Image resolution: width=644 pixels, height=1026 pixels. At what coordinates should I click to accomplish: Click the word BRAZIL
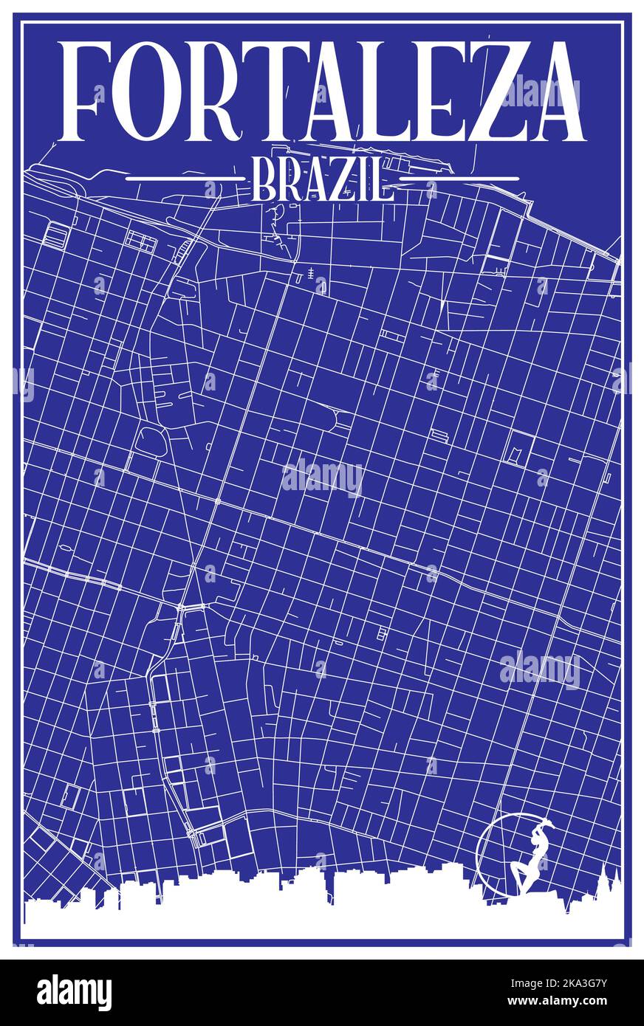[x=321, y=179]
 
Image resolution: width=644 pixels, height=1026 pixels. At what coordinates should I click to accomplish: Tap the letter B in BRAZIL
[x=264, y=179]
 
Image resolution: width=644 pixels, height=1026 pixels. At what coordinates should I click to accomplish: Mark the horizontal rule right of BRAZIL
[x=459, y=179]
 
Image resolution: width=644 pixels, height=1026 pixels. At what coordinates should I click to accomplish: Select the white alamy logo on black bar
[x=74, y=993]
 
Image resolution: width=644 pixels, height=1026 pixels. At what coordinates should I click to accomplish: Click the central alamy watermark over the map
[x=322, y=478]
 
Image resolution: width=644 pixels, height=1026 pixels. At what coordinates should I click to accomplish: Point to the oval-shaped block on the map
[x=151, y=441]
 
